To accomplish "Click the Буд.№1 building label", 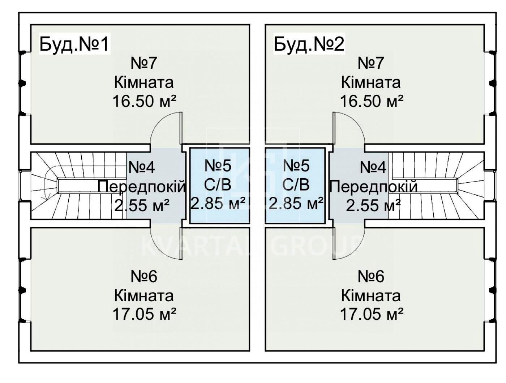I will click(74, 44).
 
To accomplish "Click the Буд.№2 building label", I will click(309, 44).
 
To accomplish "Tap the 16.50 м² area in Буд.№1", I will click(144, 101).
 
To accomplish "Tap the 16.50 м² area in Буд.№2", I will click(371, 101).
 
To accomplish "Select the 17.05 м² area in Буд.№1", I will click(144, 314).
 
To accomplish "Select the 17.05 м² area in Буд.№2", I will click(371, 314).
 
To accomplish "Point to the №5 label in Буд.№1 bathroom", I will click(218, 166).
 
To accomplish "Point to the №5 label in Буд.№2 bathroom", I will click(296, 166).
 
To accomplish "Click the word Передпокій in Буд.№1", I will click(142, 187).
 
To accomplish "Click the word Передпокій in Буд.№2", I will click(373, 187).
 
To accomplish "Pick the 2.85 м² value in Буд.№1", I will click(218, 204).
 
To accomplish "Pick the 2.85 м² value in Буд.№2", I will click(296, 204).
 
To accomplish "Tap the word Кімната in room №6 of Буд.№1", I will click(144, 296).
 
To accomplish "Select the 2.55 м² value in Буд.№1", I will click(142, 205).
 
